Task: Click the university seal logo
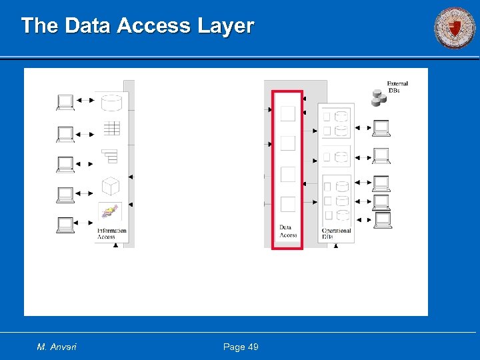(455, 28)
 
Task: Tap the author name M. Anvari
(57, 347)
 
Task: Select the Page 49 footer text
(241, 347)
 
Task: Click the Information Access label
(111, 234)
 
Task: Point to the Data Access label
(288, 231)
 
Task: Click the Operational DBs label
(336, 234)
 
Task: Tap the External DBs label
(397, 87)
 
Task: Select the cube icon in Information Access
(110, 185)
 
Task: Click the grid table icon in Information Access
(111, 129)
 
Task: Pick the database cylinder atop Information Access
(111, 103)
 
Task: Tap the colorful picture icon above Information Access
(110, 211)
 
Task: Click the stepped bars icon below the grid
(110, 156)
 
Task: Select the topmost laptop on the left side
(65, 102)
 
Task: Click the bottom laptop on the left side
(65, 225)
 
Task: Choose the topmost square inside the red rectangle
(287, 113)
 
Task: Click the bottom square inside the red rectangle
(287, 204)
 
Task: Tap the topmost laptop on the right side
(381, 127)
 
